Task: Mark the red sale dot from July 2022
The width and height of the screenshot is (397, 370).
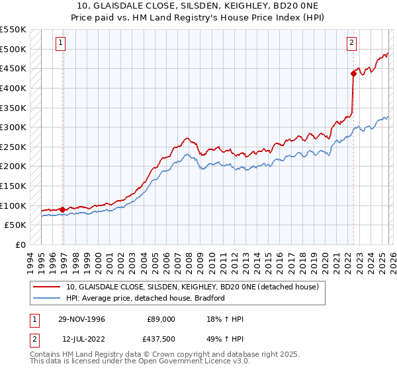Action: (353, 73)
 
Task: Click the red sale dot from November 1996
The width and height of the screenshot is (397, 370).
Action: (63, 209)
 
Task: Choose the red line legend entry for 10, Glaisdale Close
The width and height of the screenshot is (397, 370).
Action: (192, 287)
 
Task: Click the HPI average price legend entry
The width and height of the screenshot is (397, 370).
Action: (146, 298)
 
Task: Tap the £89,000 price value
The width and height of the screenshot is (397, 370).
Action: (161, 319)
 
